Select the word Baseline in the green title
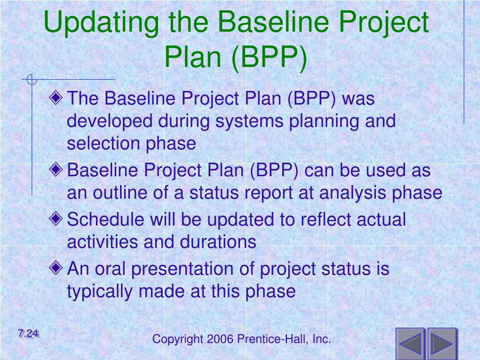(x=274, y=22)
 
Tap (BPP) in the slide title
(x=269, y=58)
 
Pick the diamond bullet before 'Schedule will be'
(x=56, y=218)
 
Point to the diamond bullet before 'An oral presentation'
(x=56, y=268)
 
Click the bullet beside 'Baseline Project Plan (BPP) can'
(x=56, y=169)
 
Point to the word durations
(x=218, y=241)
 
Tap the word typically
(x=100, y=292)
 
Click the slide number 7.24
(x=29, y=333)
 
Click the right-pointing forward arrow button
(x=442, y=344)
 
